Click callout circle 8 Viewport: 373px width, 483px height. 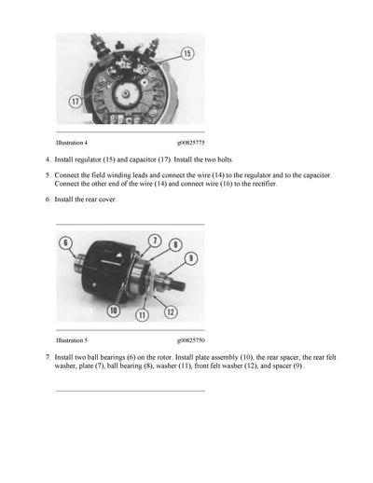[175, 245]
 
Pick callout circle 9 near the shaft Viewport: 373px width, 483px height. [190, 258]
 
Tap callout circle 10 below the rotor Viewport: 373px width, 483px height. [113, 310]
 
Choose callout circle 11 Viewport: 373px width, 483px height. [143, 315]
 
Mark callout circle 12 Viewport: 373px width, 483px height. [171, 310]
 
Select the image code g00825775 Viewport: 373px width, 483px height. [192, 143]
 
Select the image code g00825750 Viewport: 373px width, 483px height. [192, 341]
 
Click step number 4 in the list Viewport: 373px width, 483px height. [47, 160]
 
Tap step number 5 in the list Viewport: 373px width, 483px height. [47, 176]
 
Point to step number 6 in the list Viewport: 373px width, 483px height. [47, 200]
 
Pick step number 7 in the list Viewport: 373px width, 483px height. [47, 358]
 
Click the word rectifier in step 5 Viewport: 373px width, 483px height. [262, 185]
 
